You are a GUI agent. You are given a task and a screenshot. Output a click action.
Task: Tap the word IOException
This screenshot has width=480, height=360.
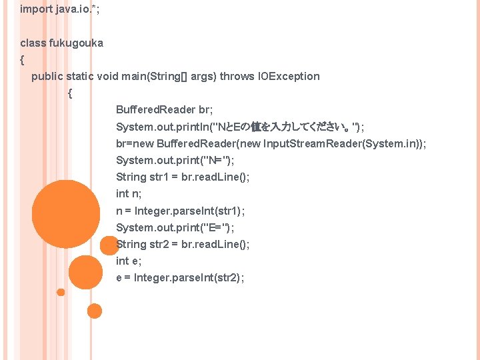coord(289,76)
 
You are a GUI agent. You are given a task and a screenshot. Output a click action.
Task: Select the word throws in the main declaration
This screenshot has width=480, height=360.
coord(237,76)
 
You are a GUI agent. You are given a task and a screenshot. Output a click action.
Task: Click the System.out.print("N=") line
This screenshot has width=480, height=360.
coord(175,160)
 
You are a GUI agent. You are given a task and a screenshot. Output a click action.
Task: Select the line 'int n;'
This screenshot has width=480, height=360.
coord(129,193)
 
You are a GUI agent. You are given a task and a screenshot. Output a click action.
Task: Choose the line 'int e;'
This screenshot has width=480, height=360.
coord(129,261)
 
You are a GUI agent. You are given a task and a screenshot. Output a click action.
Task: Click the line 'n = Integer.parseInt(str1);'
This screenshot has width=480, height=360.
coord(180,211)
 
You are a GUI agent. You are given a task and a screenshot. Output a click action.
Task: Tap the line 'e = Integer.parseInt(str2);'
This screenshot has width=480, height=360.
coord(180,278)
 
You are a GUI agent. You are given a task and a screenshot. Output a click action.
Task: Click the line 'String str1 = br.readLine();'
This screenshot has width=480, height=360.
coord(183,177)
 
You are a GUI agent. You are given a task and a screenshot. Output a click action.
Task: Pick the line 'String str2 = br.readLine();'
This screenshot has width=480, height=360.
coord(183,244)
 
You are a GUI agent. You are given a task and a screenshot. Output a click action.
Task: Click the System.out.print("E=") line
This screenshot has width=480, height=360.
coord(175,227)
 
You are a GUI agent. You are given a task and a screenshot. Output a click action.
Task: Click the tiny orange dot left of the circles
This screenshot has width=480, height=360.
coord(61,292)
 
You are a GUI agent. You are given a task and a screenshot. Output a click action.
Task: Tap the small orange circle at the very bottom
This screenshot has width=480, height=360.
coord(95,311)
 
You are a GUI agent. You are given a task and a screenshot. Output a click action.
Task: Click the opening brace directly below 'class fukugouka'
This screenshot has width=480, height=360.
coord(23,60)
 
